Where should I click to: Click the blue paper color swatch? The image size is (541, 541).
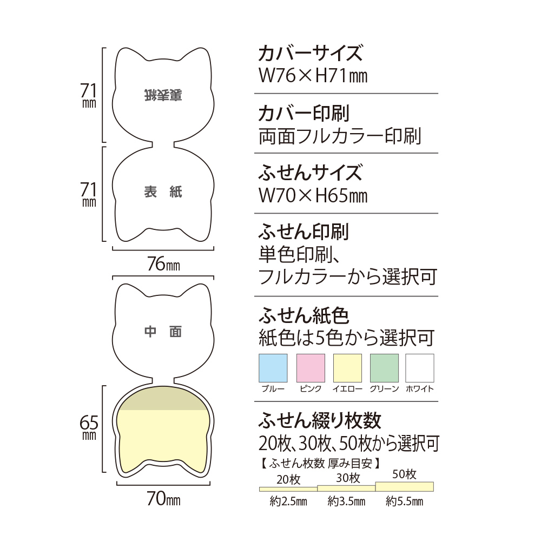pos(274,368)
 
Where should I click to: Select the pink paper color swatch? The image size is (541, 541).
pos(311,368)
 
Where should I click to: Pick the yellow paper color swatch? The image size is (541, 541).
pos(347,368)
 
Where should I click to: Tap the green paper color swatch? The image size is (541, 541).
pos(384,368)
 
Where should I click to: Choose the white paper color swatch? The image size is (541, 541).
pos(420,368)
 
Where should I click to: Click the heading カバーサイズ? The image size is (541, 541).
pos(310,54)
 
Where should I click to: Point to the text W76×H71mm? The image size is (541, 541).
pos(313,76)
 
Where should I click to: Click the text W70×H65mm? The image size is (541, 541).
pos(313,195)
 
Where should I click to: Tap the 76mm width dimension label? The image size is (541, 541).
pos(163,265)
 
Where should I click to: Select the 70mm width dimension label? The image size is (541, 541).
pos(163,499)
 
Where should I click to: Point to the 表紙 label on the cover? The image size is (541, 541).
pos(163,192)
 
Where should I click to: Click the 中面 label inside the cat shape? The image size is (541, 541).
pos(163,332)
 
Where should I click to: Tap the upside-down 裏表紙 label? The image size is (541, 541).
pos(163,95)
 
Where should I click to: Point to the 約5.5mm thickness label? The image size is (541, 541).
pos(405,502)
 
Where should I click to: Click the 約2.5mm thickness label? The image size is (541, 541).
pos(288,502)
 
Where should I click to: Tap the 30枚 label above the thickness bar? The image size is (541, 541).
pos(347,478)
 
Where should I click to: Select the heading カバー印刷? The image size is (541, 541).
pos(304,114)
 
